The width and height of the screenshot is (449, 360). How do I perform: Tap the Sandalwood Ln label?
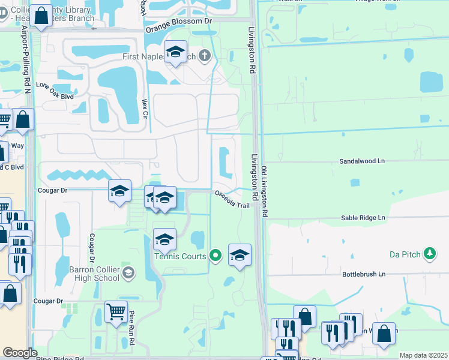[x=361, y=161]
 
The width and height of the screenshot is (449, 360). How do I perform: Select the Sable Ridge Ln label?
[x=362, y=219]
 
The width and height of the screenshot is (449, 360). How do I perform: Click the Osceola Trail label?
[x=232, y=200]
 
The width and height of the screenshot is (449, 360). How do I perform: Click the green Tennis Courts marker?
[x=216, y=256]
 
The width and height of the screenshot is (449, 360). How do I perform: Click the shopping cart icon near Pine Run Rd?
[x=116, y=311]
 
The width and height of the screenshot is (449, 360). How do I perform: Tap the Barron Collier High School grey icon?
[x=127, y=274]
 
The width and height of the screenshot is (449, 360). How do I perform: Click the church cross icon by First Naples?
[x=205, y=56]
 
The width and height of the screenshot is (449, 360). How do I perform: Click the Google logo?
[x=19, y=353]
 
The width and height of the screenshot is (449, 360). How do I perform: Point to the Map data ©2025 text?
[x=423, y=355]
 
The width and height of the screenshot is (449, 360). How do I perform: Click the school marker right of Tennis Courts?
[x=240, y=255]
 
